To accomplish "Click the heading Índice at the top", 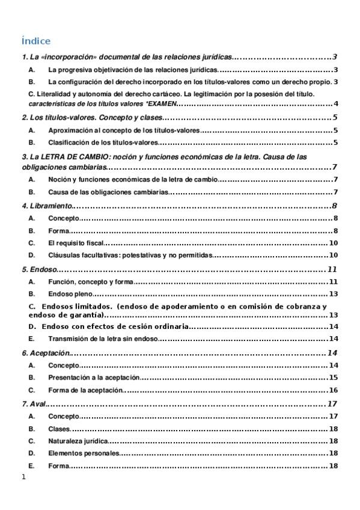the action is tap(35, 41).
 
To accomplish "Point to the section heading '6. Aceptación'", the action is tap(45, 352).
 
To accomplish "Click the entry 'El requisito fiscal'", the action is tap(76, 243).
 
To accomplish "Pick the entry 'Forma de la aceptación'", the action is tap(85, 390).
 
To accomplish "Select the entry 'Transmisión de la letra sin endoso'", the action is tap(102, 339).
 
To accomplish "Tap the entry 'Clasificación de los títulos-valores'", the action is tap(103, 143).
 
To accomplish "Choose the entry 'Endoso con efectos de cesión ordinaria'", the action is tap(116, 326).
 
